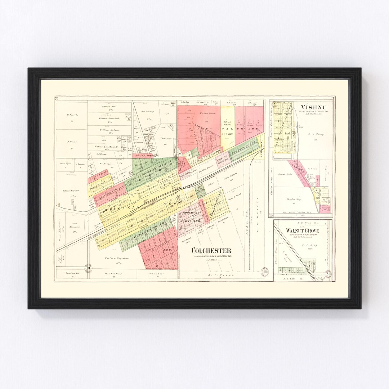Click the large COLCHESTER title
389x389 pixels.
pos(211,251)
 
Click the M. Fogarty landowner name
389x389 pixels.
pos(72,115)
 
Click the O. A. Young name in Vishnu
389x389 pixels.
pos(317,134)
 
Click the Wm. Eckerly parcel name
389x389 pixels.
pos(148,112)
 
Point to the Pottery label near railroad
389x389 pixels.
pos(210,184)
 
